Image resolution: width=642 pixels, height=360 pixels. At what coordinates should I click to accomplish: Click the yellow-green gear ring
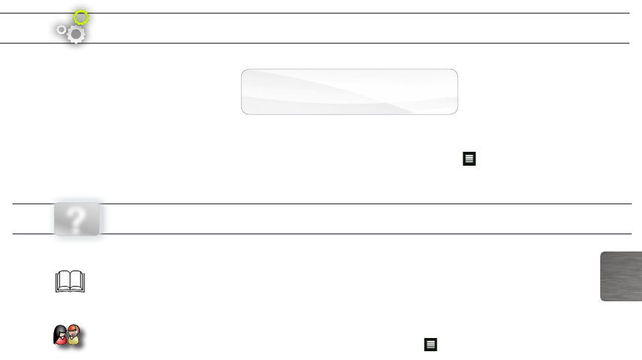81,17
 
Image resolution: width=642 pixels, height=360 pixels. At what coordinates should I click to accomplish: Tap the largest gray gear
75,34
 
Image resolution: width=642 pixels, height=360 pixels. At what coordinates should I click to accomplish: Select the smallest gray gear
62,30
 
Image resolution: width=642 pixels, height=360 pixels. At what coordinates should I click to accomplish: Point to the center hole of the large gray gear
75,34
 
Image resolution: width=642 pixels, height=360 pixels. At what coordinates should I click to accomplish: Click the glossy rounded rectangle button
350,92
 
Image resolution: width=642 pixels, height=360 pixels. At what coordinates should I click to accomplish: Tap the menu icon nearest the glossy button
469,158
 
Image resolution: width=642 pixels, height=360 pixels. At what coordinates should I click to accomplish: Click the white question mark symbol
77,218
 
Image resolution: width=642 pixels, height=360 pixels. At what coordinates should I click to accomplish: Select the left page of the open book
62,282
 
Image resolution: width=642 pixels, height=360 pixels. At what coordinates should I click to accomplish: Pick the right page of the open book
78,282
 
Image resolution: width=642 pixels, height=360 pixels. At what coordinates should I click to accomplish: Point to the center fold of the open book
70,283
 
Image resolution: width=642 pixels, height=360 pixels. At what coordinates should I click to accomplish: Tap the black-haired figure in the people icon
61,336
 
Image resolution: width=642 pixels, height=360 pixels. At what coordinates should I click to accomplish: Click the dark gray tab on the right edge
621,276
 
